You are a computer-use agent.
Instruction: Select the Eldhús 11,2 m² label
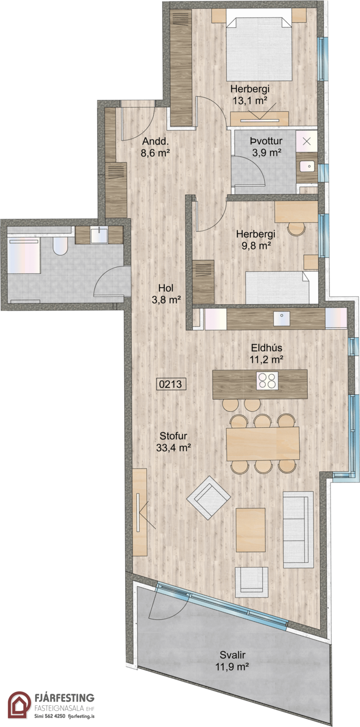pyautogui.click(x=266, y=354)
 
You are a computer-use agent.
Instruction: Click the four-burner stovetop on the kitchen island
pyautogui.click(x=267, y=380)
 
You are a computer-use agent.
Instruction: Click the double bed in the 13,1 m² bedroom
pyautogui.click(x=259, y=49)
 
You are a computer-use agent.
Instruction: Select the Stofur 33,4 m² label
pyautogui.click(x=173, y=442)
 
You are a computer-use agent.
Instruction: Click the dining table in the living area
pyautogui.click(x=263, y=443)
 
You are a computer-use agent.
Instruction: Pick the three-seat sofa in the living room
pyautogui.click(x=298, y=530)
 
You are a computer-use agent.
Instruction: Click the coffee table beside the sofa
pyautogui.click(x=250, y=530)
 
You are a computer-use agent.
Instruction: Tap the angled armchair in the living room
pyautogui.click(x=208, y=497)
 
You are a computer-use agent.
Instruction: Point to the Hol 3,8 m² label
pyautogui.click(x=166, y=294)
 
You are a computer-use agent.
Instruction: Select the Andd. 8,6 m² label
pyautogui.click(x=155, y=147)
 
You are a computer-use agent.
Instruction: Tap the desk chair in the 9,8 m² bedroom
pyautogui.click(x=296, y=229)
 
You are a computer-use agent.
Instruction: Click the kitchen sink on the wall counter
pyautogui.click(x=282, y=319)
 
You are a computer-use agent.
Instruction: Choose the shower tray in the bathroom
pyautogui.click(x=24, y=255)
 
